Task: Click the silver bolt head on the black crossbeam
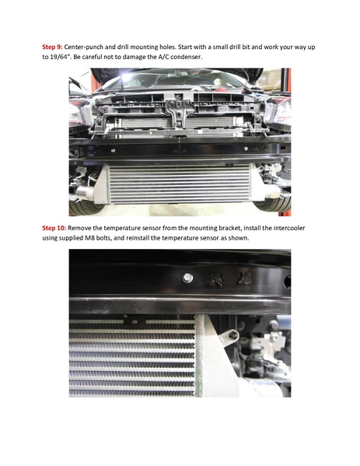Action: tap(187, 278)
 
